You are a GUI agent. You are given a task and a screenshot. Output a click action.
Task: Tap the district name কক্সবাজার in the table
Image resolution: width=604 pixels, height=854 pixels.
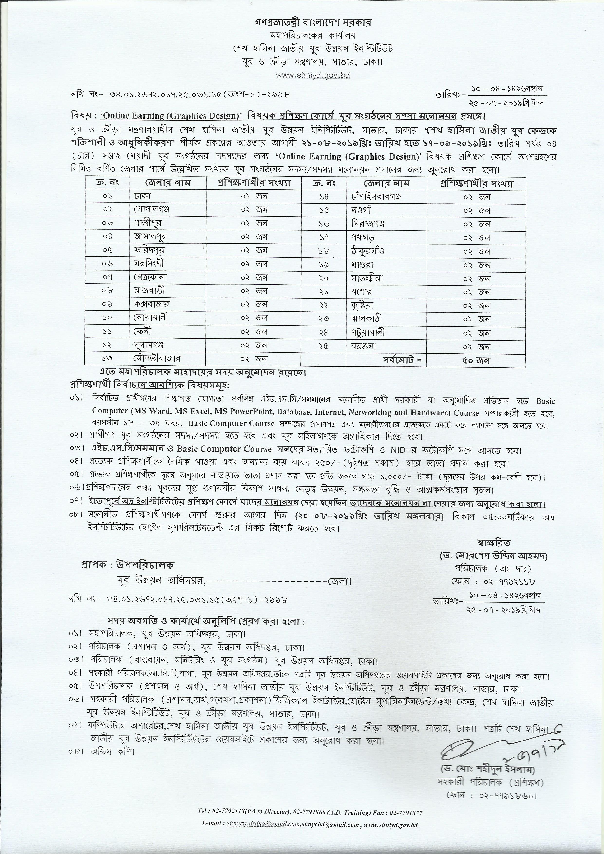coord(152,304)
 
